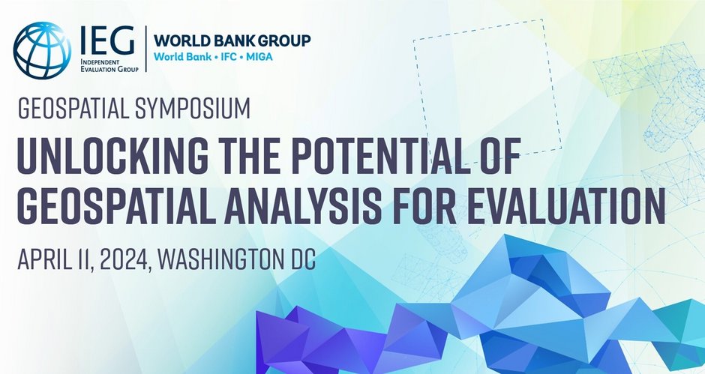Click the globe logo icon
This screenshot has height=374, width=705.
point(43,50)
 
